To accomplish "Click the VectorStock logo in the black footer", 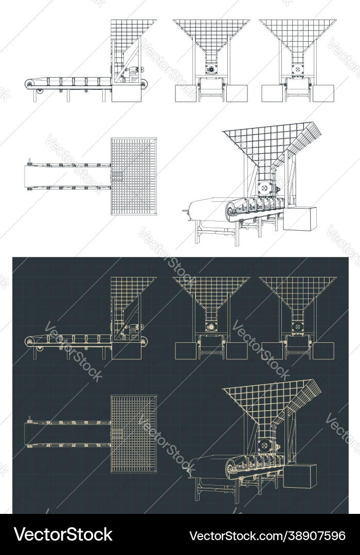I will [x=63, y=534].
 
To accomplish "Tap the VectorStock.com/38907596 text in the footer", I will [x=267, y=535].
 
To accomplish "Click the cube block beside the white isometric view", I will [x=300, y=218].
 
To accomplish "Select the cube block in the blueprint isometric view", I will [x=300, y=476].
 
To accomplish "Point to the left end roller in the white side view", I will [x=30, y=84].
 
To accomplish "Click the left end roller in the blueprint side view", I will [x=30, y=341].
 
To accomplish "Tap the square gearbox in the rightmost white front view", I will [x=298, y=70].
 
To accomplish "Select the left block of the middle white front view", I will [x=185, y=93].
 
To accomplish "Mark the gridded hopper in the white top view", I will [x=134, y=176].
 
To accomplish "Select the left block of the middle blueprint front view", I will [x=185, y=350].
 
